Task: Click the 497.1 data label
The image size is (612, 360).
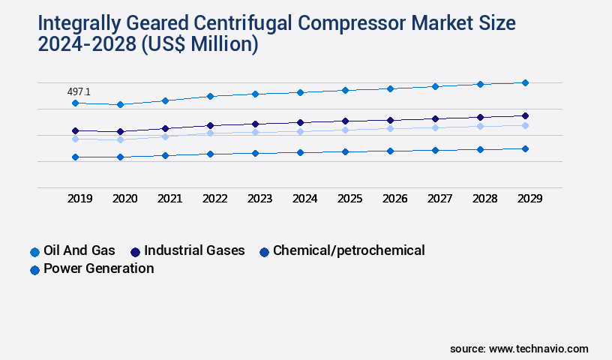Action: (x=79, y=91)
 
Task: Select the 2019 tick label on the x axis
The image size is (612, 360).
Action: (x=80, y=199)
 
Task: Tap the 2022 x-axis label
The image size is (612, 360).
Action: (x=215, y=199)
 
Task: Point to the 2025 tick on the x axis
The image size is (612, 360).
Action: (x=350, y=199)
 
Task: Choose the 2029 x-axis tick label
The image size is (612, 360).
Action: (x=529, y=199)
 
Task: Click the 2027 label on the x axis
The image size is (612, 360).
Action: (x=439, y=199)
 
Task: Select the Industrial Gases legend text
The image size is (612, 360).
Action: (x=194, y=250)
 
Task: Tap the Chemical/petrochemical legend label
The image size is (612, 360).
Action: (x=349, y=250)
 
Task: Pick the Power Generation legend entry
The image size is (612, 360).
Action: (x=98, y=268)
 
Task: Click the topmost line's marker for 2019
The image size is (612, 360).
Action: (x=75, y=103)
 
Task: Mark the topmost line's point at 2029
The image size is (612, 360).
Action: (x=525, y=82)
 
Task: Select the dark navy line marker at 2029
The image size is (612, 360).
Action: (x=525, y=115)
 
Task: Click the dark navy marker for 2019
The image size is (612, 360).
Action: (x=75, y=130)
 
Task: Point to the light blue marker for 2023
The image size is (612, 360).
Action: (x=255, y=132)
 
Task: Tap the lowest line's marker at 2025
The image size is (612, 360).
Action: (x=345, y=151)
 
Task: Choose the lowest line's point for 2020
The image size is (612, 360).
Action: (x=120, y=157)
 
